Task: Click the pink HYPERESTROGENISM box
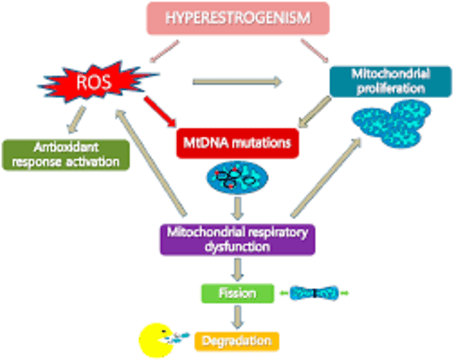tap(238, 18)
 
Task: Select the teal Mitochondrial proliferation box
tap(390, 82)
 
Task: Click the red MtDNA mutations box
tap(237, 143)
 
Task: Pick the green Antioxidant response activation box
tap(66, 155)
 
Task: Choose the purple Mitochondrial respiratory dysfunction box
tap(237, 240)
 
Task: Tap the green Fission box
tap(237, 293)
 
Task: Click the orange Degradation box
tap(237, 341)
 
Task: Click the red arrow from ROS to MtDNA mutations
tap(160, 111)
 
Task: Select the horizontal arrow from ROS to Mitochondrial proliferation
tap(237, 82)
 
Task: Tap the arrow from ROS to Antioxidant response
tap(76, 120)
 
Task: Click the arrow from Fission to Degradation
tap(237, 317)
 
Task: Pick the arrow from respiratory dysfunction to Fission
tap(237, 270)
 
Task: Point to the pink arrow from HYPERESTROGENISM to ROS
tap(165, 51)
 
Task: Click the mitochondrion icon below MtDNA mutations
tap(237, 177)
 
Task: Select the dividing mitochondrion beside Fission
tap(314, 293)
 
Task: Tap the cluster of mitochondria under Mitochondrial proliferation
tap(391, 123)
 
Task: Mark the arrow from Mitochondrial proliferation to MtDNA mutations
tap(315, 112)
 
